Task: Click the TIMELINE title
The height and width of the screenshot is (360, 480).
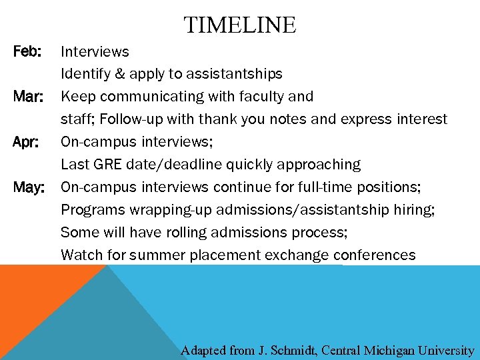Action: [240, 25]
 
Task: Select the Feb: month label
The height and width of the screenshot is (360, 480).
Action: [28, 51]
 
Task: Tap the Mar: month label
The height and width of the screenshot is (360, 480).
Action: [29, 97]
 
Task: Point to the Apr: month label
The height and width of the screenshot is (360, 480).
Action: [28, 142]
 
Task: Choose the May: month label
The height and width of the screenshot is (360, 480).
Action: [29, 187]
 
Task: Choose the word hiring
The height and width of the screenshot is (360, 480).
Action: [412, 210]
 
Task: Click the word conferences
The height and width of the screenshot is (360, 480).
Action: [375, 255]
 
